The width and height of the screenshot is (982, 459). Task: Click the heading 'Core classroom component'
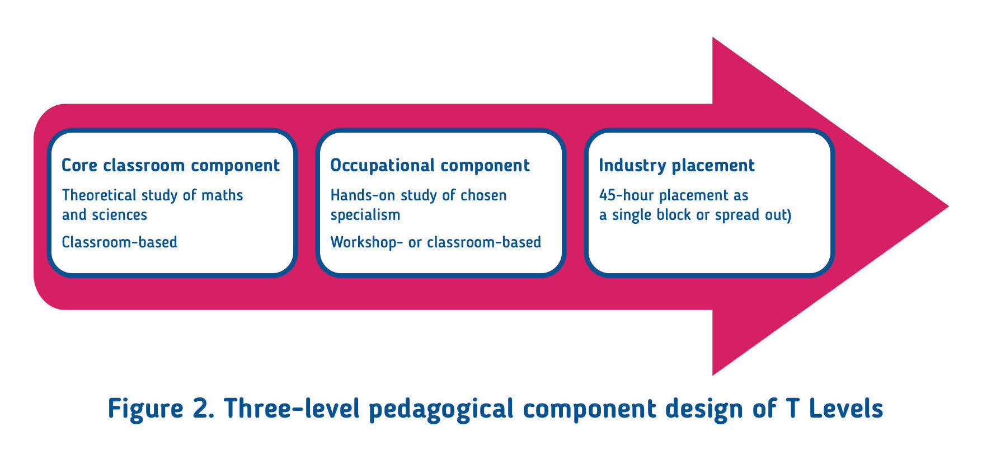pos(170,166)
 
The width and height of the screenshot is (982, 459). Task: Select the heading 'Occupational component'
pos(430,166)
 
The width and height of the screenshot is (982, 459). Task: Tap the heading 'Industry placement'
pos(676,166)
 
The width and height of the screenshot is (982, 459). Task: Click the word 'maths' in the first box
pos(222,195)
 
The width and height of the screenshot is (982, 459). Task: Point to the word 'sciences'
pos(119,215)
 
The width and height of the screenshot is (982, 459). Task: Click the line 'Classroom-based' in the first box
pos(119,242)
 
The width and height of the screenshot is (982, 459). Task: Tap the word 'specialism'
pos(365,216)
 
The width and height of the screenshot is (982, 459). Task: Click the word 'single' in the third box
pos(631,216)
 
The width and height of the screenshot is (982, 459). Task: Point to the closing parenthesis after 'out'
pos(790,216)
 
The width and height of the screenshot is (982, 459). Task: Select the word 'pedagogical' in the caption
pos(441,409)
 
